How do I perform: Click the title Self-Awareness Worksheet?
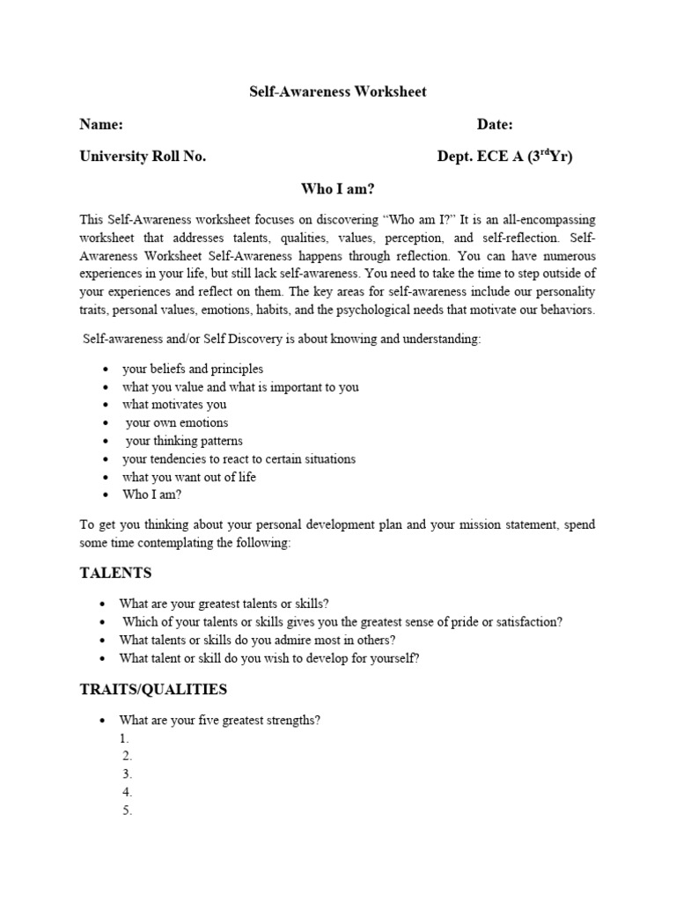click(x=338, y=92)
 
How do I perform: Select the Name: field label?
click(x=101, y=125)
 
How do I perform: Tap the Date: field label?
click(x=495, y=125)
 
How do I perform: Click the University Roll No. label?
click(x=143, y=157)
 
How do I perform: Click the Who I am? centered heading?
click(x=338, y=188)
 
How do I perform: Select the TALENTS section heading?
click(x=115, y=573)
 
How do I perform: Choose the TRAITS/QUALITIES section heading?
click(x=153, y=690)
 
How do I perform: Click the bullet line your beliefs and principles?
click(x=193, y=369)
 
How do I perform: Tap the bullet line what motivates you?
click(x=174, y=405)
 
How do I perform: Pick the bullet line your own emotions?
click(x=177, y=423)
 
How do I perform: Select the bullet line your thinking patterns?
click(x=184, y=441)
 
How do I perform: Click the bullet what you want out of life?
click(x=189, y=477)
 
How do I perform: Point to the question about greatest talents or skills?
click(x=224, y=604)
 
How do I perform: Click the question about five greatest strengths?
click(x=220, y=721)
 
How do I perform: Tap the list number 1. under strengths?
click(x=125, y=739)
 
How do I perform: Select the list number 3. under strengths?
click(x=127, y=774)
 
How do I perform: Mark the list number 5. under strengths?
click(x=127, y=810)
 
